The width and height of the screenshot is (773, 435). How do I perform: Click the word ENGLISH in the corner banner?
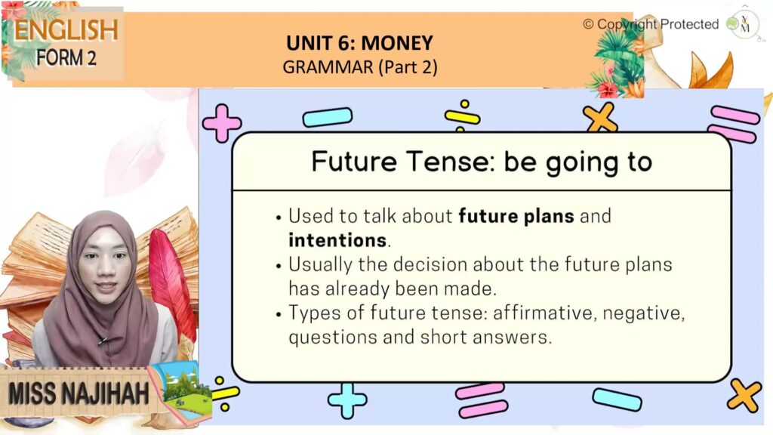tap(66, 30)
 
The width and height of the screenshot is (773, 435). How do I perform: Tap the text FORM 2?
tap(66, 57)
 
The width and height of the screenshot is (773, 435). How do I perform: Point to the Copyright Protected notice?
tap(651, 24)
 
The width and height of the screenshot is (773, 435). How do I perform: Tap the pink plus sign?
tap(222, 123)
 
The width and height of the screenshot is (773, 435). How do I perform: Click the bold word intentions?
tap(337, 240)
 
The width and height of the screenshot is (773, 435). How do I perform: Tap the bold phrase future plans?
tap(516, 217)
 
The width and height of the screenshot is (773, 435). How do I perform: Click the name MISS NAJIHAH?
tap(79, 393)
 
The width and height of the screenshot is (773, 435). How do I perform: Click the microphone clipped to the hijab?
tap(103, 341)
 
